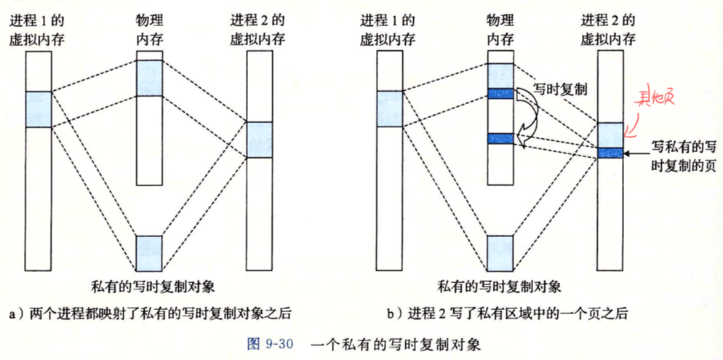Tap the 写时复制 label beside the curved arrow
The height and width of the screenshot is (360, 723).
click(x=560, y=89)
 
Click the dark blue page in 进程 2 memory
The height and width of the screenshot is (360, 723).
click(x=610, y=153)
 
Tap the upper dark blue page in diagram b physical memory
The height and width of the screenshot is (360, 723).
click(x=500, y=94)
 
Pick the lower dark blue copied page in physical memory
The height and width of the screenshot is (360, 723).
click(x=500, y=138)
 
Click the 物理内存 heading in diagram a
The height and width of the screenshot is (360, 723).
click(x=149, y=30)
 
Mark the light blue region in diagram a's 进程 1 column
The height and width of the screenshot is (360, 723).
click(x=39, y=109)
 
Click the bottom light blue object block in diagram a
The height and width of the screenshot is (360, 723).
click(x=149, y=253)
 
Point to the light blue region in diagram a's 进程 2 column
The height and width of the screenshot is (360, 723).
click(x=260, y=140)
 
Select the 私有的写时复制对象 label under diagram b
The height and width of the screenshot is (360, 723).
click(x=500, y=287)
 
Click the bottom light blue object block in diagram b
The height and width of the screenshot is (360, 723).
click(x=500, y=253)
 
